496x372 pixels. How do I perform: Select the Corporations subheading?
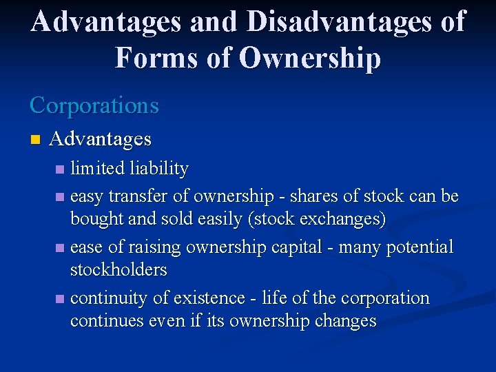point(94,105)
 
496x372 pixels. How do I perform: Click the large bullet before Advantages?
point(35,140)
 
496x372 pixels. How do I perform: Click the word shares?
point(311,196)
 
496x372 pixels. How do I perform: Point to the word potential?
point(417,247)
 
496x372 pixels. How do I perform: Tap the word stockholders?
point(118,269)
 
